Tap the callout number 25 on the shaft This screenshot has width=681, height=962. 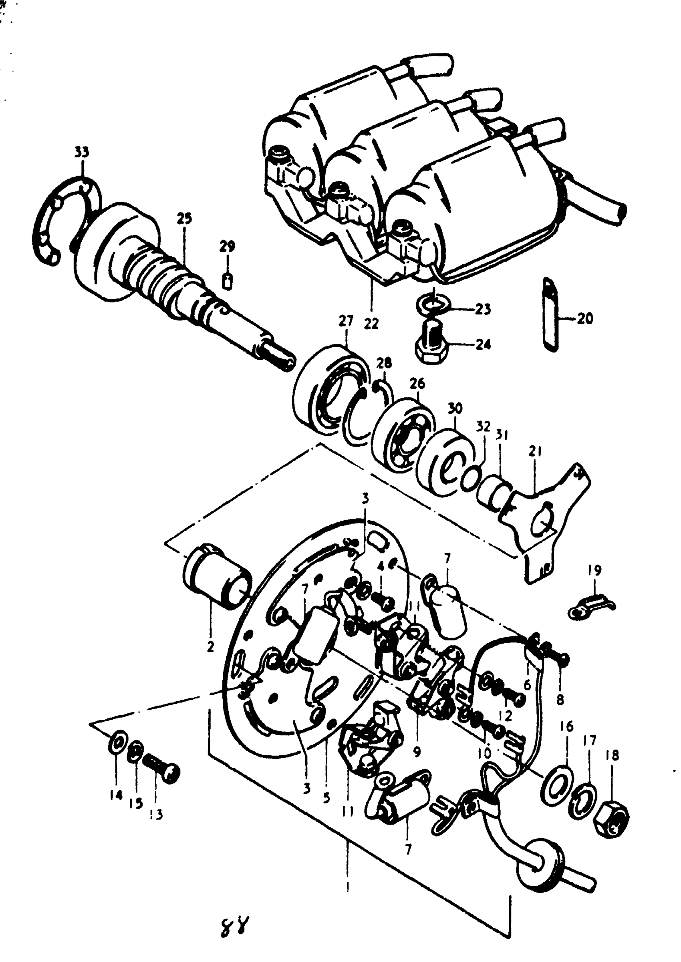(184, 218)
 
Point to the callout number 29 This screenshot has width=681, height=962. (227, 246)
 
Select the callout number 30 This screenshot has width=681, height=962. (455, 407)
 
